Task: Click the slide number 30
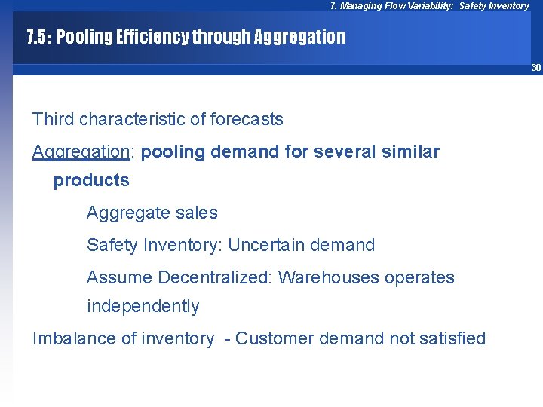pyautogui.click(x=536, y=68)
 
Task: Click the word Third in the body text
pyautogui.click(x=53, y=119)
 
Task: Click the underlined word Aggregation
pyautogui.click(x=81, y=151)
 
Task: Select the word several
pyautogui.click(x=344, y=151)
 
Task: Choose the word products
pyautogui.click(x=91, y=181)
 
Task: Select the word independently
pyautogui.click(x=143, y=306)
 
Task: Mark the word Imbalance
pyautogui.click(x=70, y=338)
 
